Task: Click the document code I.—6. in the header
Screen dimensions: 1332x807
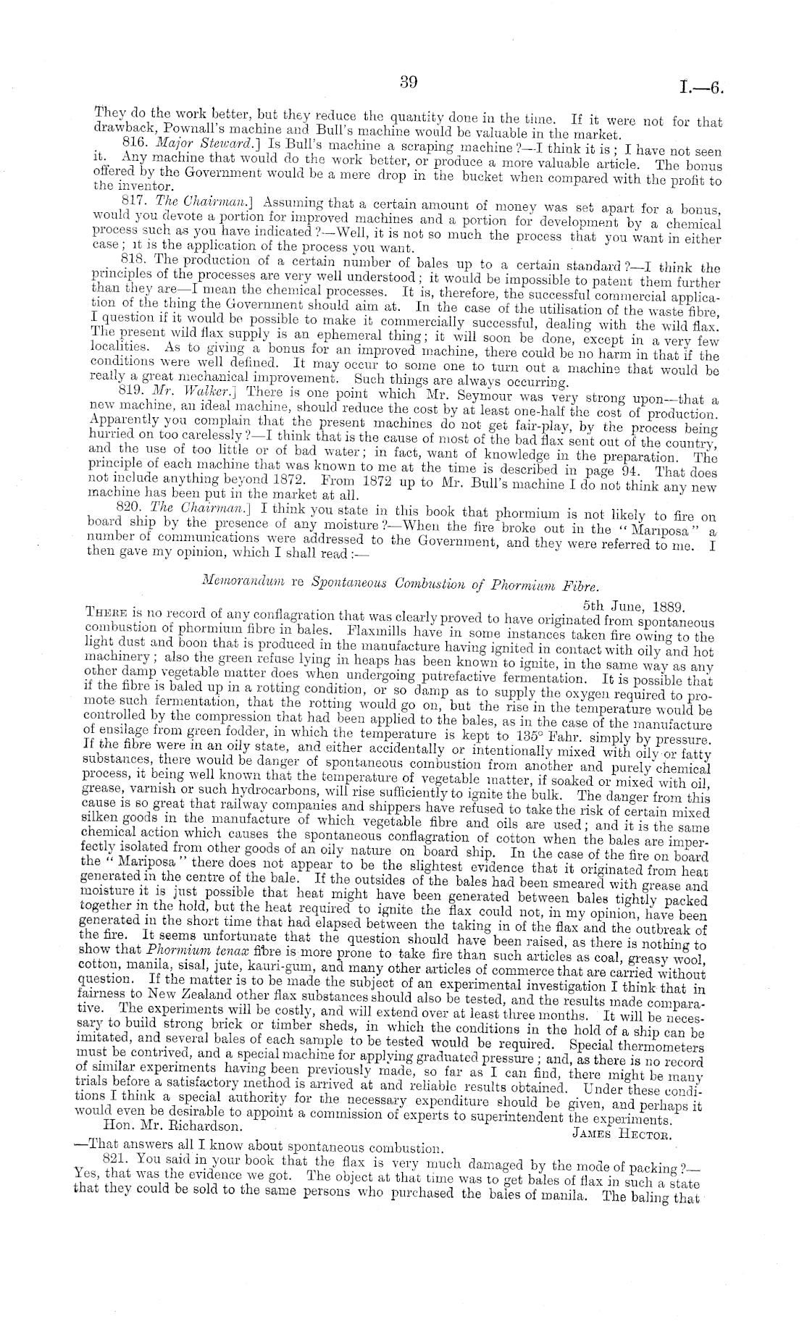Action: point(701,88)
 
